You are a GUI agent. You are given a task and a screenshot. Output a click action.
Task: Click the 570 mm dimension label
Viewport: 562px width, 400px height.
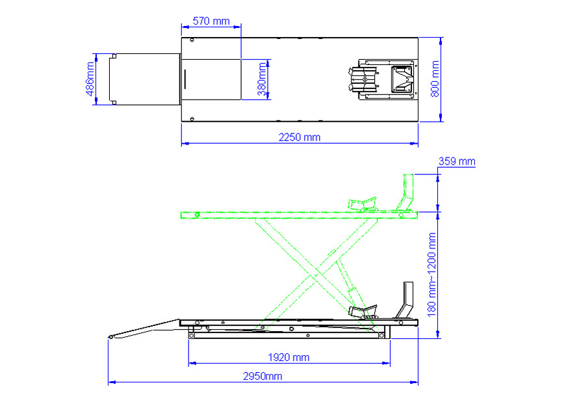pos(211,21)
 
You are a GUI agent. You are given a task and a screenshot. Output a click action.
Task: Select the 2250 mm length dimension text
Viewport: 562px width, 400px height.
pos(299,137)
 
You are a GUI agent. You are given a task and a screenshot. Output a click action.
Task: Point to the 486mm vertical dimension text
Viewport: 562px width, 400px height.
pos(90,79)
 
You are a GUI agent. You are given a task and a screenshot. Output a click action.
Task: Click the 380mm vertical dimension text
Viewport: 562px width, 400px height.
pos(262,79)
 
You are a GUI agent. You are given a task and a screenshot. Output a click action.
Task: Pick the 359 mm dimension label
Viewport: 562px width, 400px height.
pos(457,161)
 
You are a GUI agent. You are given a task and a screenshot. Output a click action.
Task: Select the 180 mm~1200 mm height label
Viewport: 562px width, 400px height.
pos(431,274)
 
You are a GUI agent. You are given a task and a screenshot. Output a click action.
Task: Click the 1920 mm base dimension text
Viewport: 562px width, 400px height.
pos(288,357)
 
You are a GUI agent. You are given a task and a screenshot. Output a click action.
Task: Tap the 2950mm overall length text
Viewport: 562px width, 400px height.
pos(262,376)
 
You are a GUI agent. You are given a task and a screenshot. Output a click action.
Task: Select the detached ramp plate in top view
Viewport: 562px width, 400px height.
pos(145,79)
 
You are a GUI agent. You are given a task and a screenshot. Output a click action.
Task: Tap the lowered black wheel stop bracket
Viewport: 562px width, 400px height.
pos(408,302)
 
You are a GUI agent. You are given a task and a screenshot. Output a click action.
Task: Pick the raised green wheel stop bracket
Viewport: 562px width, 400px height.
pos(408,193)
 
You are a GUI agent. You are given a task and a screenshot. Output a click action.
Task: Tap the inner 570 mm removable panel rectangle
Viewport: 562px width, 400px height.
pos(212,79)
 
